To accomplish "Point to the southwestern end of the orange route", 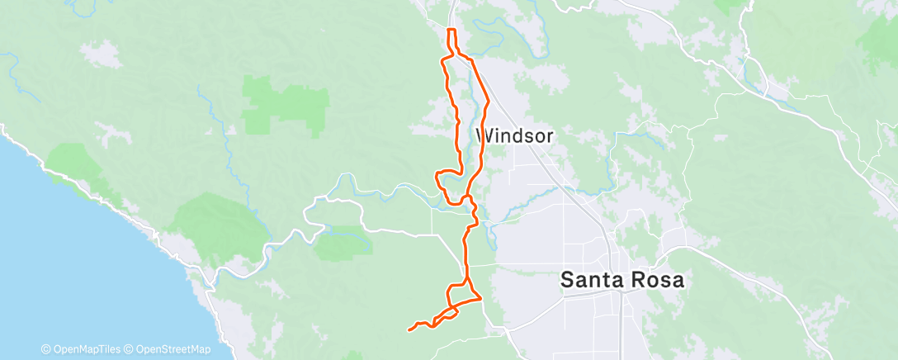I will tap(409, 330).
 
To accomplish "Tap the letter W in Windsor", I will tap(484, 135).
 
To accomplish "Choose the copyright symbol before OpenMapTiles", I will tap(45, 350).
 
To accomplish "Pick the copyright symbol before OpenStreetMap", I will tap(130, 350).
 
